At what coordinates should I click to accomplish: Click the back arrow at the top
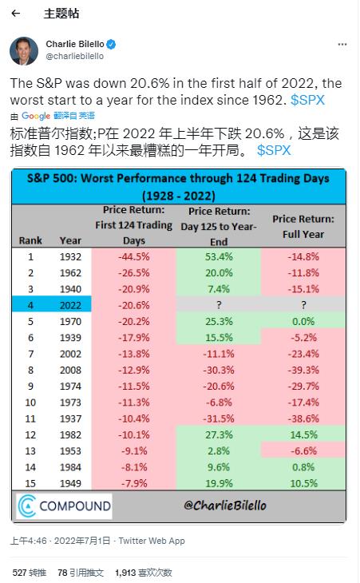click(x=16, y=14)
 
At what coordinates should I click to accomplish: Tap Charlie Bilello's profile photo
click(x=24, y=50)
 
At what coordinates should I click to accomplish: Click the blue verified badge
click(x=111, y=44)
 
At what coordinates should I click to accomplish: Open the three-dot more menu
click(x=342, y=45)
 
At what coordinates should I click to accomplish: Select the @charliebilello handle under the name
click(x=75, y=56)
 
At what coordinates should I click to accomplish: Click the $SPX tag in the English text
click(x=307, y=100)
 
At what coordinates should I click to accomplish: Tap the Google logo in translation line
click(x=36, y=116)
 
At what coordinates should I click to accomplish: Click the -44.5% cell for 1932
click(x=134, y=256)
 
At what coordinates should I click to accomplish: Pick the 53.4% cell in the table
click(x=219, y=256)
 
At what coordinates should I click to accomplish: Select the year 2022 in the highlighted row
click(x=70, y=305)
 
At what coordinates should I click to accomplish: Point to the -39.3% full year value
click(x=303, y=370)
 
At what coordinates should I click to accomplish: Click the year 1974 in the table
click(x=70, y=387)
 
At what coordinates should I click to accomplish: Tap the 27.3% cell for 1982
click(x=219, y=434)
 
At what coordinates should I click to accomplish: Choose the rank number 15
click(x=30, y=483)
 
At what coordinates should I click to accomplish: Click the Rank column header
click(x=30, y=240)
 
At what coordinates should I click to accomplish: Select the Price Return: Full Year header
click(x=303, y=227)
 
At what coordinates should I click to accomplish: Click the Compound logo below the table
click(x=65, y=506)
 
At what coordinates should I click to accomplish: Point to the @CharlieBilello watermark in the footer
click(x=225, y=506)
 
